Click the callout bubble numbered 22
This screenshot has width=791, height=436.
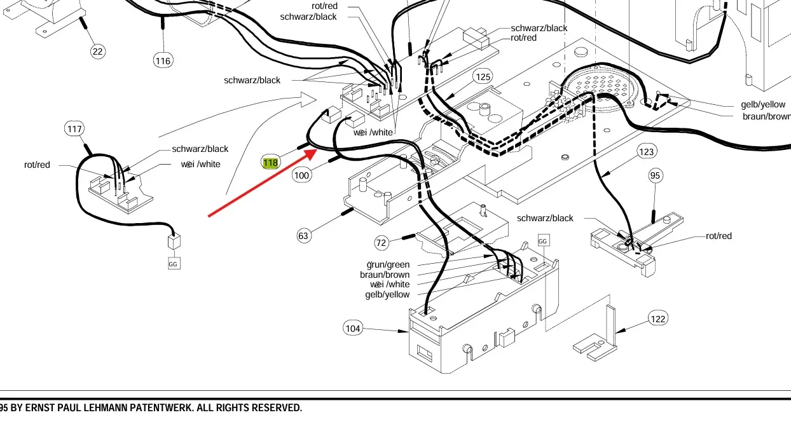pyautogui.click(x=97, y=51)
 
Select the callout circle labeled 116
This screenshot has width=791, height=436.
pyautogui.click(x=163, y=60)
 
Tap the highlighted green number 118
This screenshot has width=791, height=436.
pyautogui.click(x=270, y=163)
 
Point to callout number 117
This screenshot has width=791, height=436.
pyautogui.click(x=74, y=129)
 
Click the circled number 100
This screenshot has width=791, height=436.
pyautogui.click(x=302, y=175)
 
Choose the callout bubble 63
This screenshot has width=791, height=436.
pyautogui.click(x=303, y=236)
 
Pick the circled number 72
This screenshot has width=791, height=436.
pyautogui.click(x=381, y=243)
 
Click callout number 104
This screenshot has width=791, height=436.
pyautogui.click(x=352, y=328)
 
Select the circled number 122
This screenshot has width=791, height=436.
pyautogui.click(x=658, y=318)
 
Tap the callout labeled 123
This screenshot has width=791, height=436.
pyautogui.click(x=647, y=151)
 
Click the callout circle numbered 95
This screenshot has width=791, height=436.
pyautogui.click(x=656, y=175)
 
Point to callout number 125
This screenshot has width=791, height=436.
pyautogui.click(x=483, y=77)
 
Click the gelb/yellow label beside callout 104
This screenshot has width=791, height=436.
pyautogui.click(x=387, y=294)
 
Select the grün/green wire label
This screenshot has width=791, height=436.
pyautogui.click(x=388, y=264)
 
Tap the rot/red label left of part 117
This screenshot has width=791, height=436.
pyautogui.click(x=37, y=165)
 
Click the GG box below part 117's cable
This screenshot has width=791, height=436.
pyautogui.click(x=174, y=263)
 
